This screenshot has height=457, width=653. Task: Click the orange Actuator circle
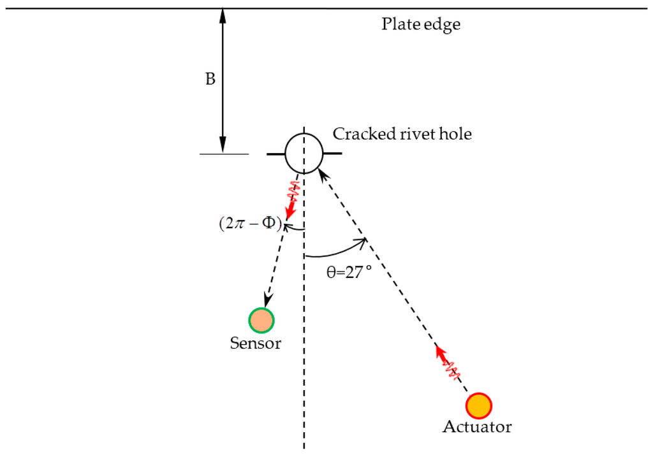click(x=478, y=405)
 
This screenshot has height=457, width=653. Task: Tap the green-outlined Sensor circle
click(x=261, y=321)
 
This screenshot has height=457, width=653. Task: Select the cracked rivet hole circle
click(x=303, y=154)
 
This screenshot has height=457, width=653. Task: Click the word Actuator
click(x=477, y=426)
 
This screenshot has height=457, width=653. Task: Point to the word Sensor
click(x=255, y=343)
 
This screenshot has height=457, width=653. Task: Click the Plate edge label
click(x=420, y=25)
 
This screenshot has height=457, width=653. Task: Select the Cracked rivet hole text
click(x=402, y=134)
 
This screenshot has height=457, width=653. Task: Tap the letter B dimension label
click(x=210, y=80)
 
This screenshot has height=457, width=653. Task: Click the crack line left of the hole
click(x=275, y=154)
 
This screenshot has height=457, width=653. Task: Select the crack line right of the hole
click(x=332, y=154)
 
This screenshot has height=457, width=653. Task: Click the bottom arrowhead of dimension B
click(x=223, y=147)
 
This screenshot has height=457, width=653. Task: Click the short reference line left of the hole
click(x=224, y=154)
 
